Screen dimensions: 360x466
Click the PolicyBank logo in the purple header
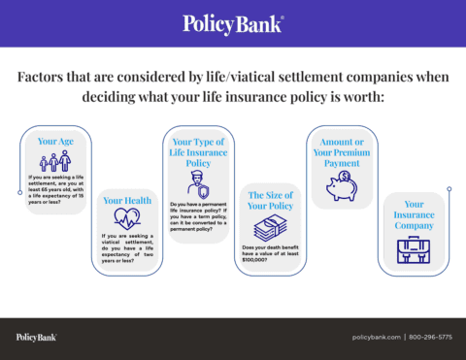coord(233,22)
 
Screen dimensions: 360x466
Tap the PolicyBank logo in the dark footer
coord(36,337)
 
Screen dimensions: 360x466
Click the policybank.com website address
coord(376,337)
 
